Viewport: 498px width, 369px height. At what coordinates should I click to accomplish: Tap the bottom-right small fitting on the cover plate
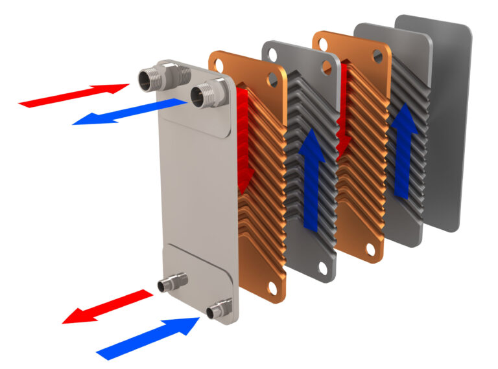[217, 310]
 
